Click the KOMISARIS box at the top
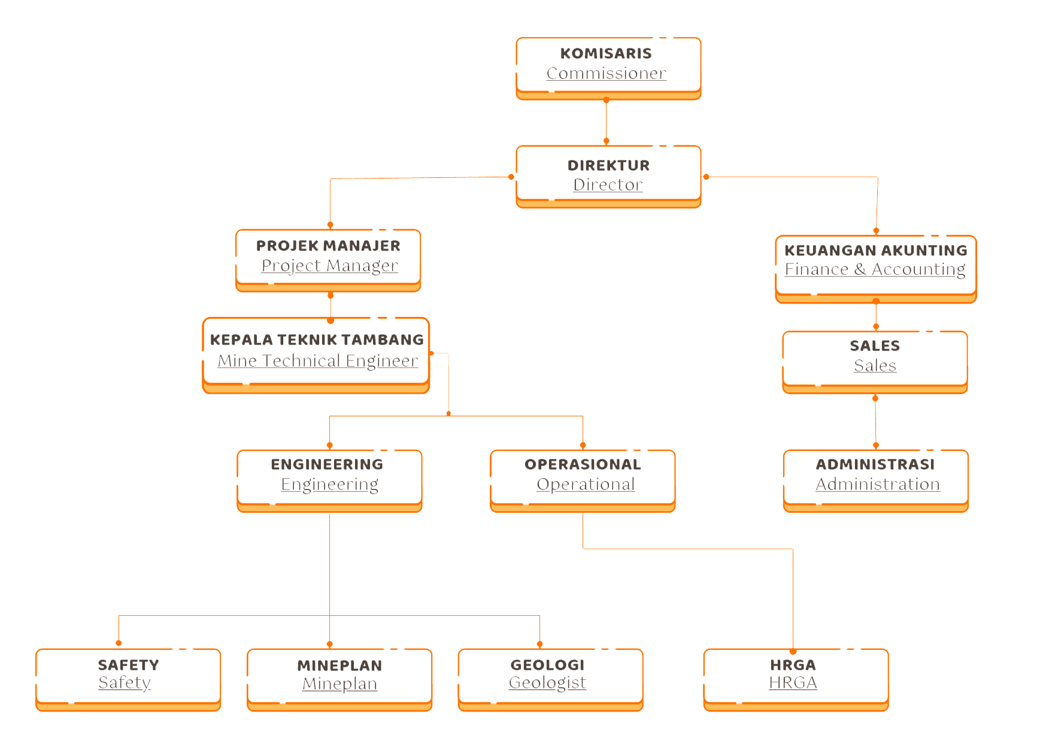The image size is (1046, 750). point(608,67)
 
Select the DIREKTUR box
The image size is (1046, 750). point(608,175)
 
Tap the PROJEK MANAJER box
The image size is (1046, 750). point(328,259)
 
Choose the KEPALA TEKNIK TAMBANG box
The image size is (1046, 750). point(316,353)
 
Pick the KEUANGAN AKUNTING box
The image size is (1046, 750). point(875,267)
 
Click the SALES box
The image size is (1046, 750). point(875,360)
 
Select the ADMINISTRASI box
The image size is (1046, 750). point(875,479)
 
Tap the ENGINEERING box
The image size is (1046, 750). point(329,479)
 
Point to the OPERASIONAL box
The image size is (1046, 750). point(583,479)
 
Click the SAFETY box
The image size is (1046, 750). point(128,678)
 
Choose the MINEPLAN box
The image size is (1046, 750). point(339,678)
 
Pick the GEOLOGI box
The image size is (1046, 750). point(550,678)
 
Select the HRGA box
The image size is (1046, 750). point(796,678)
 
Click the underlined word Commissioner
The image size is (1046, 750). point(607,74)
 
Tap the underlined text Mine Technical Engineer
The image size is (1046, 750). point(317,361)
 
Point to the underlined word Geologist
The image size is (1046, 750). point(547,683)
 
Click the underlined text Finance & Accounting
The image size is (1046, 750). point(875,270)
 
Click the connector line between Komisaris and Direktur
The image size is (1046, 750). point(607,121)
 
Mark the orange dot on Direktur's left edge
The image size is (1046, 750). point(511,177)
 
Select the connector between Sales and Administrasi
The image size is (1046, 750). point(875,422)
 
